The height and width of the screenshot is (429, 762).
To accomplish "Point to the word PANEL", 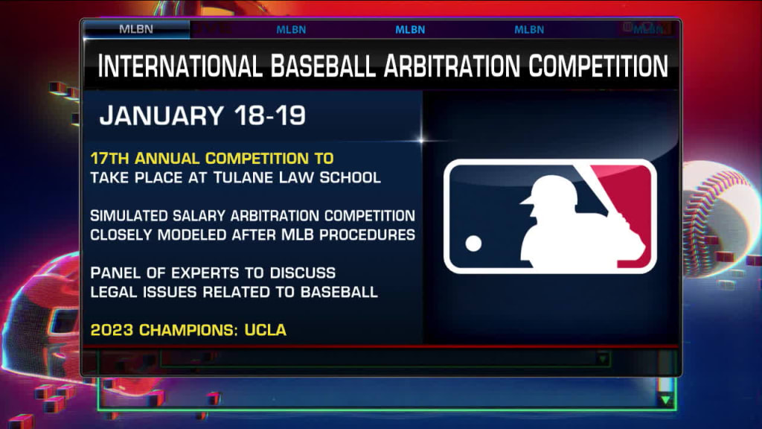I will point(115,273).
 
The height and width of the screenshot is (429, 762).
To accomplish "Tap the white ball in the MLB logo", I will point(473,244).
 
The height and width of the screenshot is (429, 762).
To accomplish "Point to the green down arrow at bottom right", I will point(665,400).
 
